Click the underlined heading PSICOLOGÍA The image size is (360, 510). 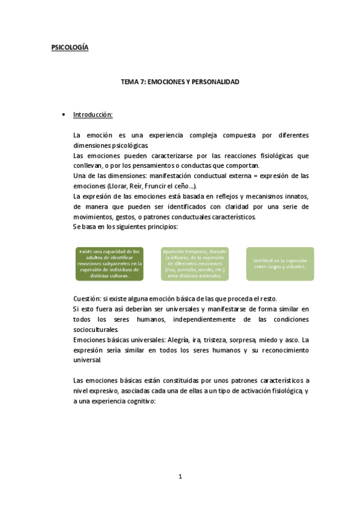click(70, 48)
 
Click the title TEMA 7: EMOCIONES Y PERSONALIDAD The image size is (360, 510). click(180, 82)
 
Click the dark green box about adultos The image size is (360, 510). click(109, 263)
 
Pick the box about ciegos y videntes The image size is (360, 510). click(280, 263)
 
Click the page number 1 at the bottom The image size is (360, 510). click(180, 477)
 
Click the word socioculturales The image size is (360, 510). click(94, 330)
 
